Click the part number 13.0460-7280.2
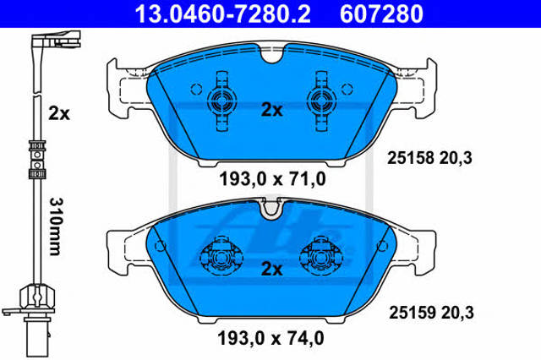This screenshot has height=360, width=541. [223, 14]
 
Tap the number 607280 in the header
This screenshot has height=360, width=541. [381, 14]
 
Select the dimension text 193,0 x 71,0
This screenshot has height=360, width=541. [272, 179]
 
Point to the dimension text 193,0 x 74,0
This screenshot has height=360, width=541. [270, 338]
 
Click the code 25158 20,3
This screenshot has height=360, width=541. [429, 158]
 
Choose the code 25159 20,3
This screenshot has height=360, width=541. [431, 313]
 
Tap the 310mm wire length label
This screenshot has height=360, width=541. [55, 226]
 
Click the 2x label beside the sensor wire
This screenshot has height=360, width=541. [59, 113]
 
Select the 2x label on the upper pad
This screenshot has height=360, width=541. [272, 110]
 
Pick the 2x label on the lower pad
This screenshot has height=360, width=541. [272, 269]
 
